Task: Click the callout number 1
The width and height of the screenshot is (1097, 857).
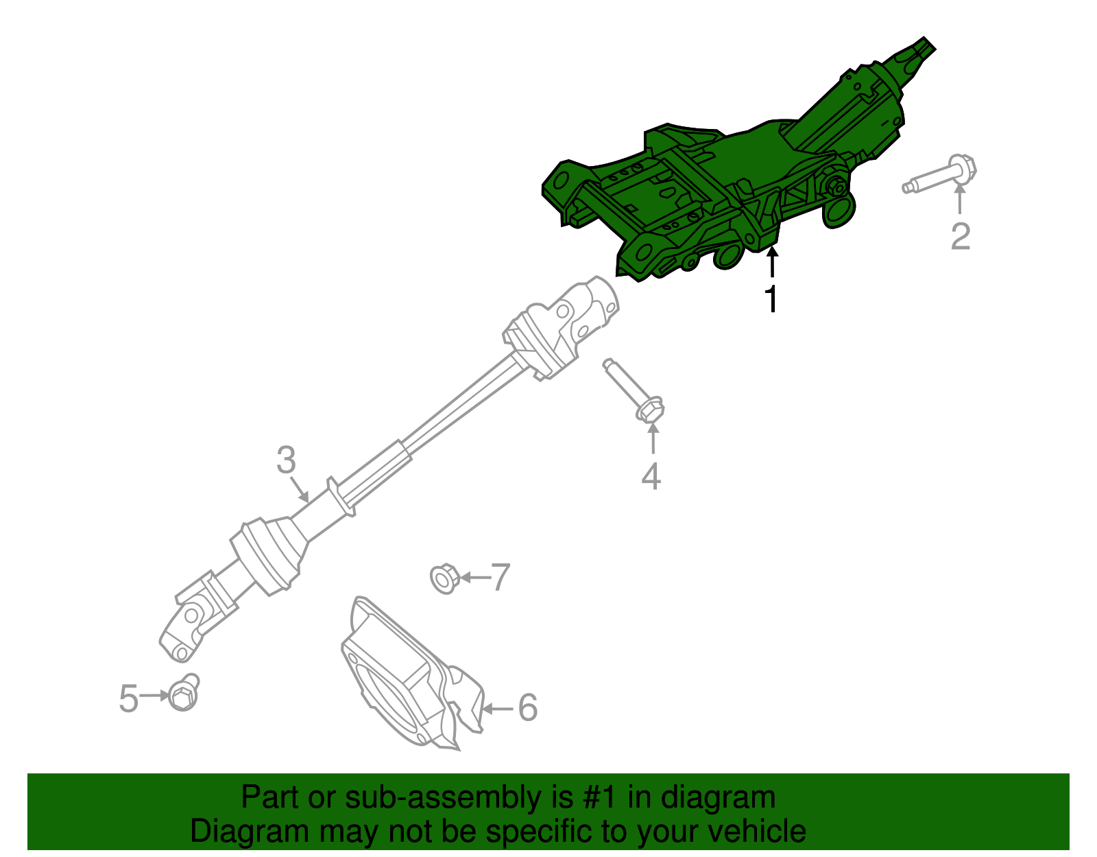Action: pos(772,299)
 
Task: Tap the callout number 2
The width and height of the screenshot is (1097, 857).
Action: pos(960,236)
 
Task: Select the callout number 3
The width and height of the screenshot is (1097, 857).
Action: pos(287,460)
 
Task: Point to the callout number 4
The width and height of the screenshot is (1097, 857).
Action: pos(651,476)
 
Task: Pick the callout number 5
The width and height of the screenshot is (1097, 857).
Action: pos(128,698)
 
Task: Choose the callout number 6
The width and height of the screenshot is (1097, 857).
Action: pos(527,707)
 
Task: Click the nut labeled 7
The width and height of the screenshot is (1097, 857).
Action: pos(444,578)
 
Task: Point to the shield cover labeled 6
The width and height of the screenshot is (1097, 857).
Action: pos(405,679)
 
